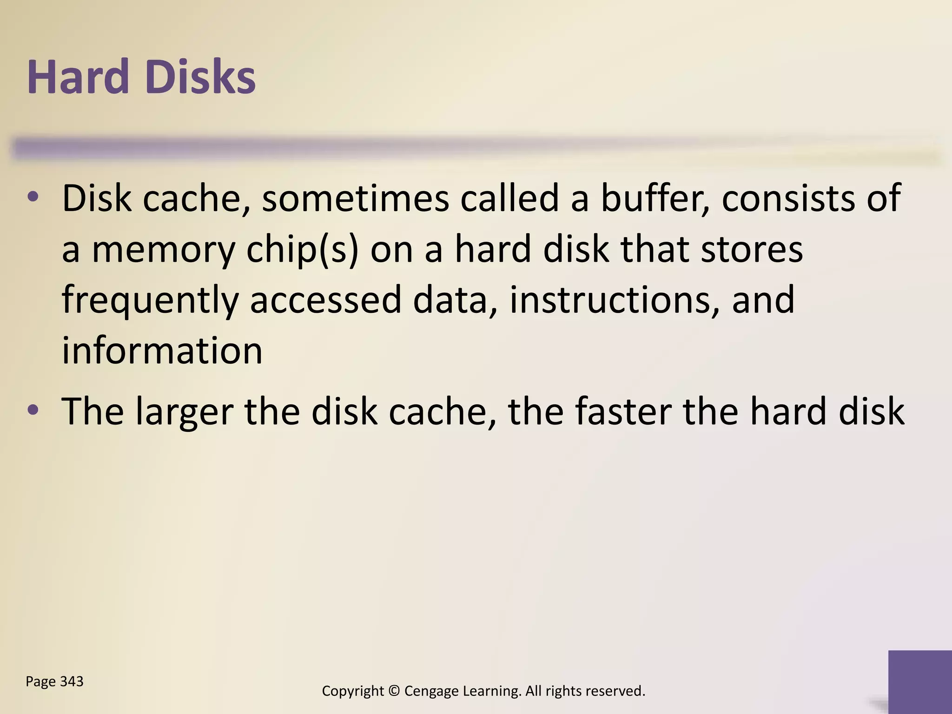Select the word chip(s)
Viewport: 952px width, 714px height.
click(x=302, y=250)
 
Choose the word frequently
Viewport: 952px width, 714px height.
click(x=150, y=301)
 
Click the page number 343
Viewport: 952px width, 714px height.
click(x=72, y=681)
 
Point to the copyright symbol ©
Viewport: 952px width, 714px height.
click(x=394, y=691)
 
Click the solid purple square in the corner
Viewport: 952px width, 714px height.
click(x=920, y=681)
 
